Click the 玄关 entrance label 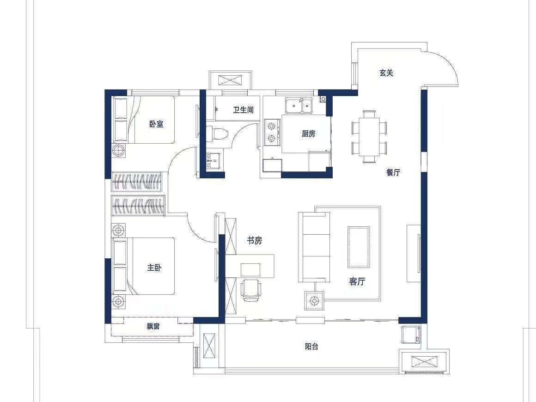point(386,73)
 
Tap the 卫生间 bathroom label point(244,110)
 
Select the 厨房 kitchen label point(308,134)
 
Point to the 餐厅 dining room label point(393,172)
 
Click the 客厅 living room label point(357,282)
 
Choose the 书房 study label point(254,241)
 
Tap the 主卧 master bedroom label point(154,268)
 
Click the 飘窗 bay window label point(153,327)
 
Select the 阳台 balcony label point(311,347)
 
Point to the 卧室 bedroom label point(156,124)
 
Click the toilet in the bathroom point(217,133)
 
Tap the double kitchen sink point(299,106)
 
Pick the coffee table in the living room point(359,247)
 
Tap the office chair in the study point(251,290)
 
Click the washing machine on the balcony point(411,335)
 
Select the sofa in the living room point(314,247)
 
